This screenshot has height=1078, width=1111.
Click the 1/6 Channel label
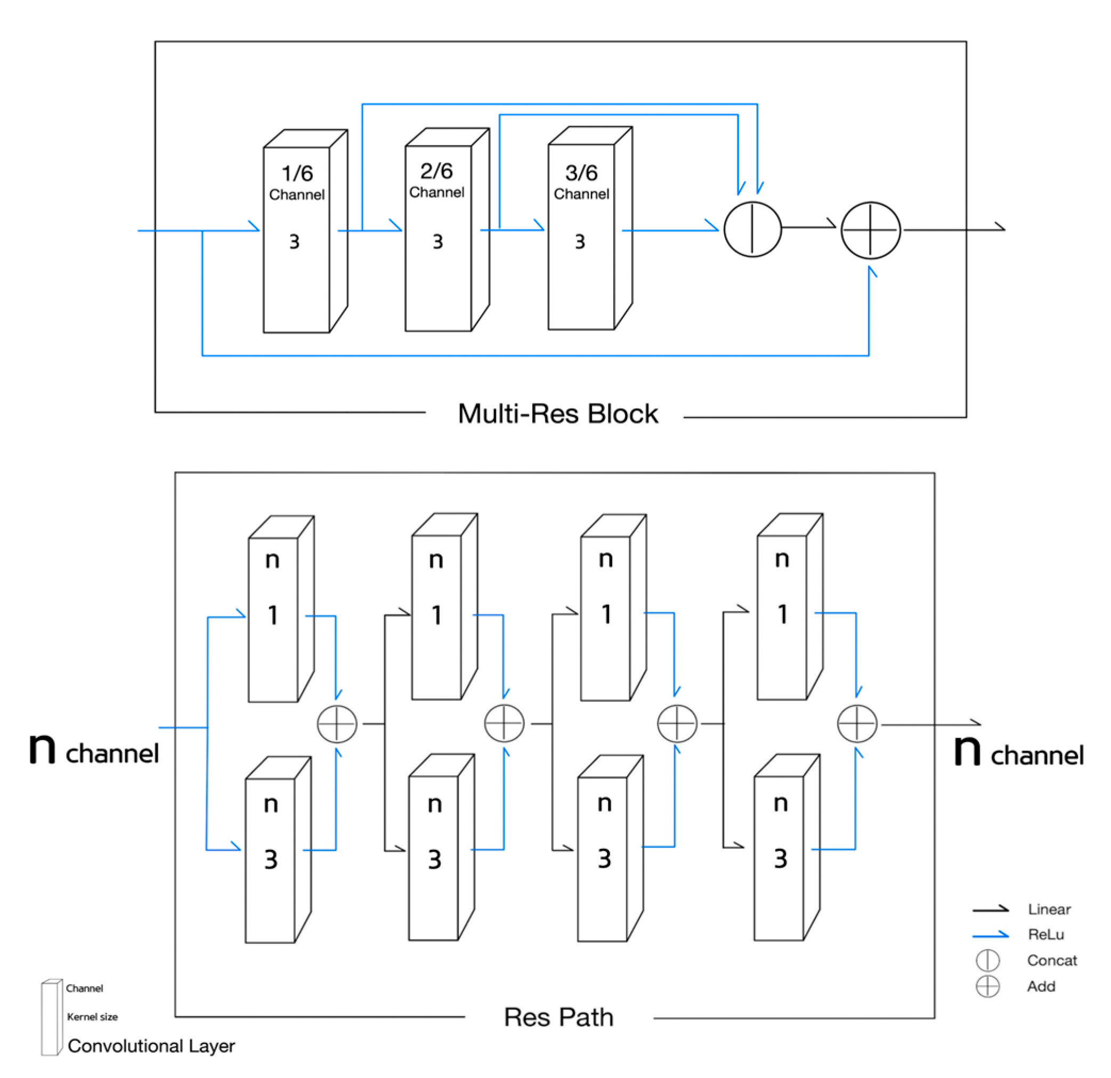(296, 182)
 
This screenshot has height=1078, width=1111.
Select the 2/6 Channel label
(436, 180)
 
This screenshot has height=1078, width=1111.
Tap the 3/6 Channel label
(581, 181)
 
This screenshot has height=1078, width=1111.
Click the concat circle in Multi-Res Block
(752, 229)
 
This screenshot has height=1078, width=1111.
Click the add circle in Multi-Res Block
(870, 230)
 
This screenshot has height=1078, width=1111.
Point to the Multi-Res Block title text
(558, 414)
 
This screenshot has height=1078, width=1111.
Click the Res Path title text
(558, 1017)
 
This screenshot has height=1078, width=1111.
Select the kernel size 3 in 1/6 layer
(294, 241)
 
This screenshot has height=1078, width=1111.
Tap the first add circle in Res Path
(337, 724)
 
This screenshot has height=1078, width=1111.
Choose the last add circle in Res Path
(856, 723)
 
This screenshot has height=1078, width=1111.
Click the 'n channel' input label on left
(94, 751)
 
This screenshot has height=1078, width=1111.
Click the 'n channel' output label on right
(1019, 752)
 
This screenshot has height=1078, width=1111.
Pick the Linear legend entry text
(1049, 909)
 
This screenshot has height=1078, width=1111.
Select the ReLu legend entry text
(1046, 934)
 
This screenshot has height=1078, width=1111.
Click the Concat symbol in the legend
(987, 960)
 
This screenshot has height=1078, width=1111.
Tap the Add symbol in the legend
(987, 986)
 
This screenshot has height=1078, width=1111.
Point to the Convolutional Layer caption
(151, 1045)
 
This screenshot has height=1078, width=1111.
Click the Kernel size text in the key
(92, 1017)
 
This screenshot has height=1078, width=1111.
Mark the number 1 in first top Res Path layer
(273, 615)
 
